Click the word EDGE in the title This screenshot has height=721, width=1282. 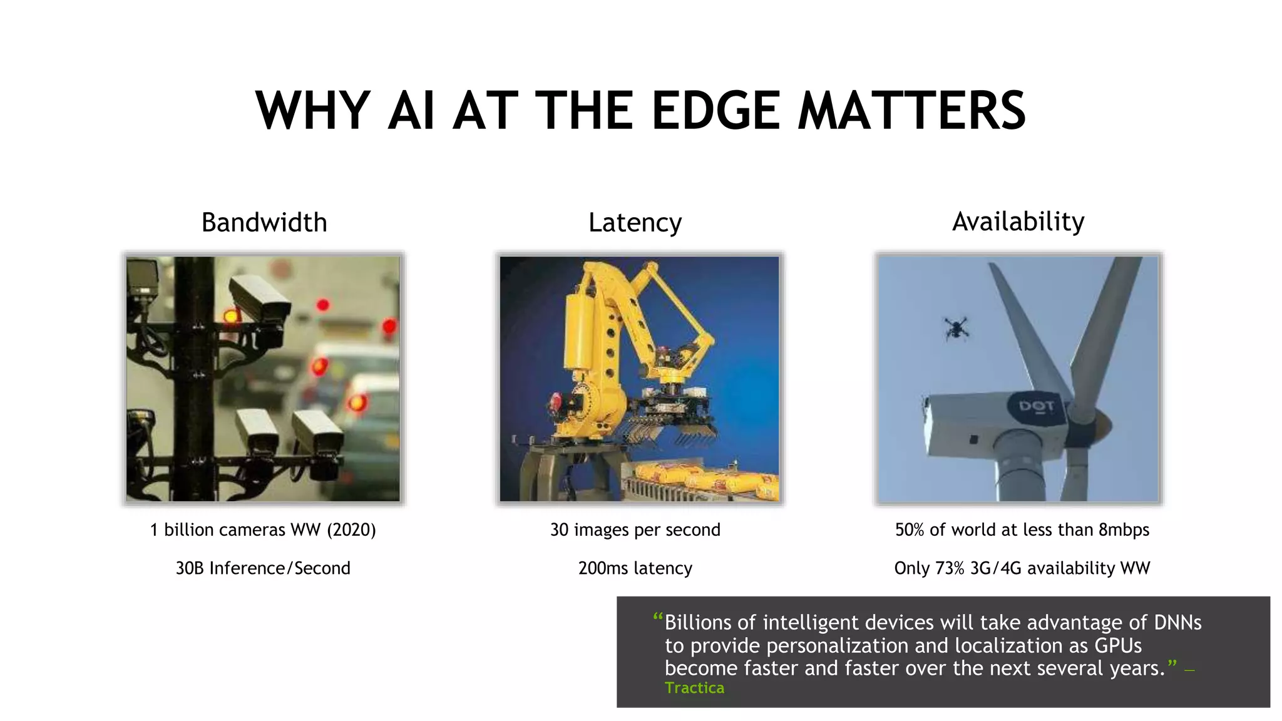(715, 111)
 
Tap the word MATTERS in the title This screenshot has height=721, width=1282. (912, 111)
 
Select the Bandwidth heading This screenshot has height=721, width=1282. (264, 223)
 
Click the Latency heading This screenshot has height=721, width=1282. (635, 223)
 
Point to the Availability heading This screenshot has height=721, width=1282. (1018, 222)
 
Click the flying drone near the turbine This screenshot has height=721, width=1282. (956, 328)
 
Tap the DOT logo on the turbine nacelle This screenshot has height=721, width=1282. (1036, 407)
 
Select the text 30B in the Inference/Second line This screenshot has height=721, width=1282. (189, 568)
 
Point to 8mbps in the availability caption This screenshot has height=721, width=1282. (1124, 530)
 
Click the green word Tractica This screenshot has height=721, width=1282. (694, 688)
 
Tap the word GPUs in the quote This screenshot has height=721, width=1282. (1118, 646)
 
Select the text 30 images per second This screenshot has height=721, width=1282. (635, 530)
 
